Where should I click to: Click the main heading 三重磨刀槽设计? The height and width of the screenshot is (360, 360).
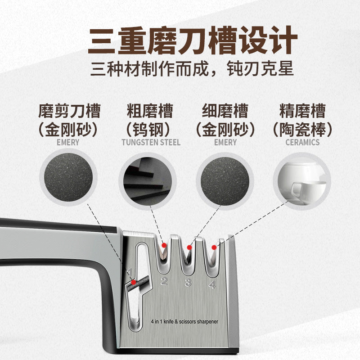pos(192,40)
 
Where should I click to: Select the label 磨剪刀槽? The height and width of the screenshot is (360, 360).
pos(69,111)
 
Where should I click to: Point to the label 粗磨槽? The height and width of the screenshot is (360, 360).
pos(150,111)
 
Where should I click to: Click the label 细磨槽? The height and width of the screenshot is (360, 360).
pos(225,111)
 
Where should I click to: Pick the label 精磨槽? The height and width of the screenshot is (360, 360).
pos(302,111)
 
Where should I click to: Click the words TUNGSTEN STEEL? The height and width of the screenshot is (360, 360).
pos(151,142)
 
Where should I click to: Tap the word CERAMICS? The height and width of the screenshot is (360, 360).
pos(302,142)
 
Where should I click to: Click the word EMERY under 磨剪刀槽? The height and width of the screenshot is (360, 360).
pos(68,142)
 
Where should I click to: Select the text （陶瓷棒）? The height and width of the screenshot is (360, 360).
pos(302,130)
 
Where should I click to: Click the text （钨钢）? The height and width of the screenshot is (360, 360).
pos(150,130)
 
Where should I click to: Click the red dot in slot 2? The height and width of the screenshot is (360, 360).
pos(164,245)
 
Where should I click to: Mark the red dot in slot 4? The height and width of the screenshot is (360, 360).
pos(214,246)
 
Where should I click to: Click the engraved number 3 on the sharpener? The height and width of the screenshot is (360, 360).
pos(188,283)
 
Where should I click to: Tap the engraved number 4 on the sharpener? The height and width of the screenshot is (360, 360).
pos(212,284)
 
